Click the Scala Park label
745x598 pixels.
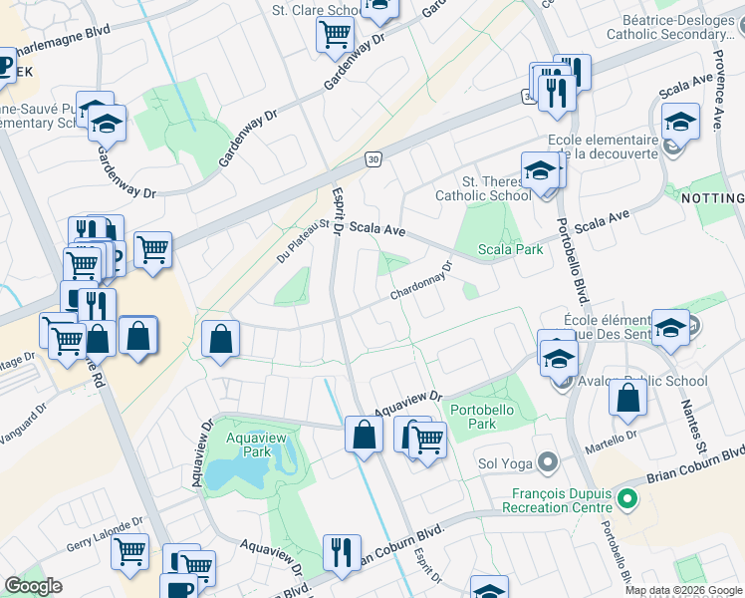click(x=511, y=249)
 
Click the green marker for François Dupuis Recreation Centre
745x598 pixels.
click(x=625, y=496)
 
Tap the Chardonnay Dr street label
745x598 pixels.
click(x=421, y=282)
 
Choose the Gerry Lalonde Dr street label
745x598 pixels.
click(x=106, y=534)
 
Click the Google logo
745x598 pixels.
click(x=34, y=586)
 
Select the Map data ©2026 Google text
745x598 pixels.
click(x=682, y=590)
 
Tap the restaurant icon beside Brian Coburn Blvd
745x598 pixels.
click(x=342, y=551)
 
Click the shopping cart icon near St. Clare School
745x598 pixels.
click(x=335, y=35)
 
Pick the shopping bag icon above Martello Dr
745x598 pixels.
click(x=627, y=399)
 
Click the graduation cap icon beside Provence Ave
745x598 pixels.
click(x=680, y=124)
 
